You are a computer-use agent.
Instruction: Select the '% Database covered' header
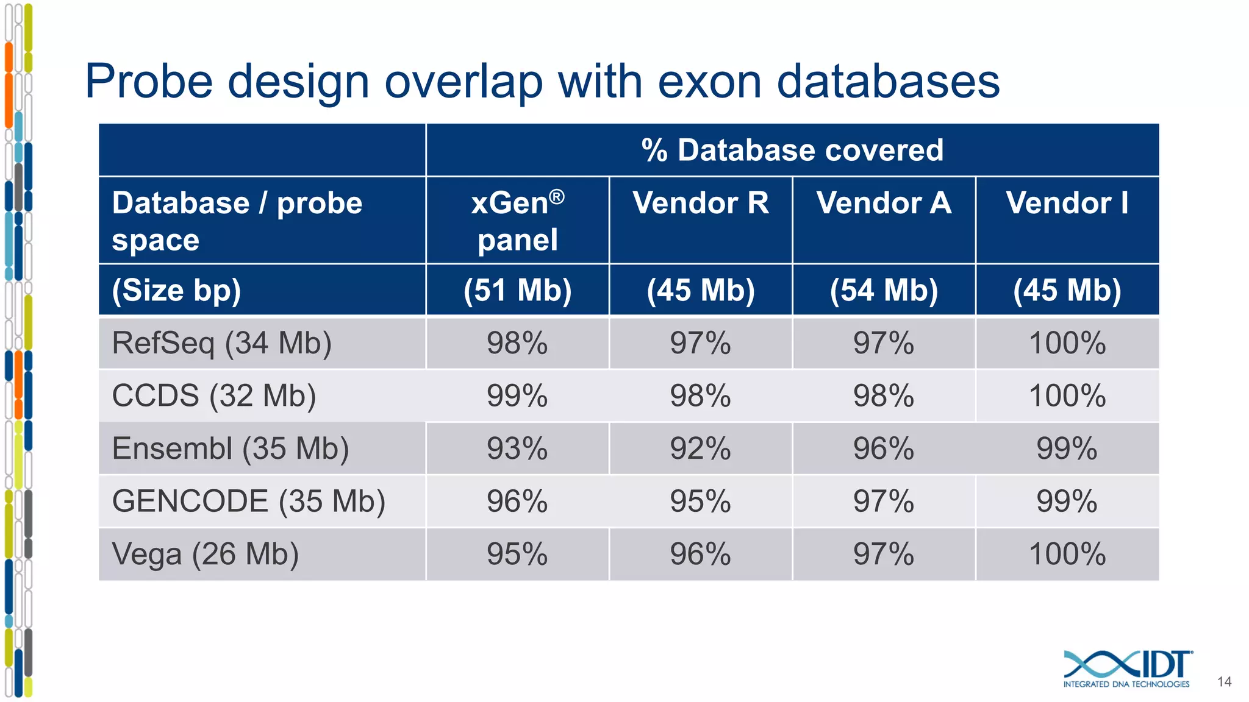click(792, 150)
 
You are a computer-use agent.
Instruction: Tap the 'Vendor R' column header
click(701, 203)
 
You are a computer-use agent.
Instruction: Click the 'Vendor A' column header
click(884, 203)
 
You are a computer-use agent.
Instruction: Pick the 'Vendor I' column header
click(1067, 203)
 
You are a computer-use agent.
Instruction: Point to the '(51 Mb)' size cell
click(517, 290)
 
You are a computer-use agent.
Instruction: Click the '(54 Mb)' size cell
click(884, 290)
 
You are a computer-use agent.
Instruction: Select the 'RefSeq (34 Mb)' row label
click(221, 343)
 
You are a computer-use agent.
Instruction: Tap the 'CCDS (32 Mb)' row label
click(213, 396)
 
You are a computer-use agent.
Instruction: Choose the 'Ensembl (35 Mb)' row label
click(230, 449)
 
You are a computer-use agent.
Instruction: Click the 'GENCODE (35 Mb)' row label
click(248, 502)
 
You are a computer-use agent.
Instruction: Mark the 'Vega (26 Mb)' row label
click(205, 555)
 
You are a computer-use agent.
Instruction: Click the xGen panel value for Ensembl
click(517, 449)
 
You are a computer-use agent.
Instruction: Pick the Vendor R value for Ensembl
click(701, 449)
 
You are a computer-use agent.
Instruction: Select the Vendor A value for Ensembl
click(884, 449)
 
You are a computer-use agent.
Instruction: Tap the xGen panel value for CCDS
click(517, 396)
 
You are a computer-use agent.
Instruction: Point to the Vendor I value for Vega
click(1067, 555)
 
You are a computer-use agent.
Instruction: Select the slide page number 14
click(1224, 682)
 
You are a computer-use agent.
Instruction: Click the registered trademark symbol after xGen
click(557, 196)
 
